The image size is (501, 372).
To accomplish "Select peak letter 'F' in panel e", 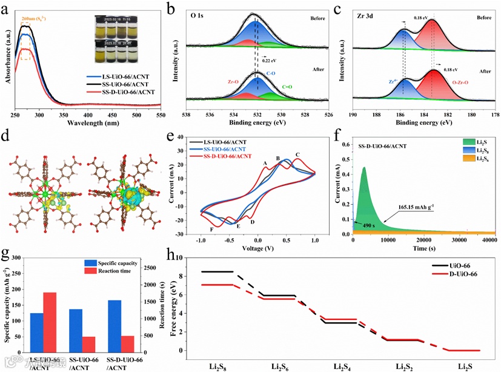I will coord(211,230).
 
